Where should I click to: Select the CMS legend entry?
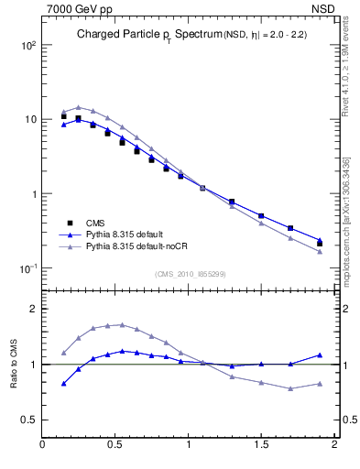pos(94,223)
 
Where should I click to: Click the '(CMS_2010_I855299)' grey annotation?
pos(191,273)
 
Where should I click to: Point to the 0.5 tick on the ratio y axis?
pos(29,420)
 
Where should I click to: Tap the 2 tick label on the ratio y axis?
pos(33,309)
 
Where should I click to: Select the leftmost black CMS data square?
pos(64,116)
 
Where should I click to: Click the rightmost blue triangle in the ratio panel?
pos(320,354)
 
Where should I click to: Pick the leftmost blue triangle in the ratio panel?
pos(64,384)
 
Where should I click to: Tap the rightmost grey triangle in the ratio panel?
pos(320,384)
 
